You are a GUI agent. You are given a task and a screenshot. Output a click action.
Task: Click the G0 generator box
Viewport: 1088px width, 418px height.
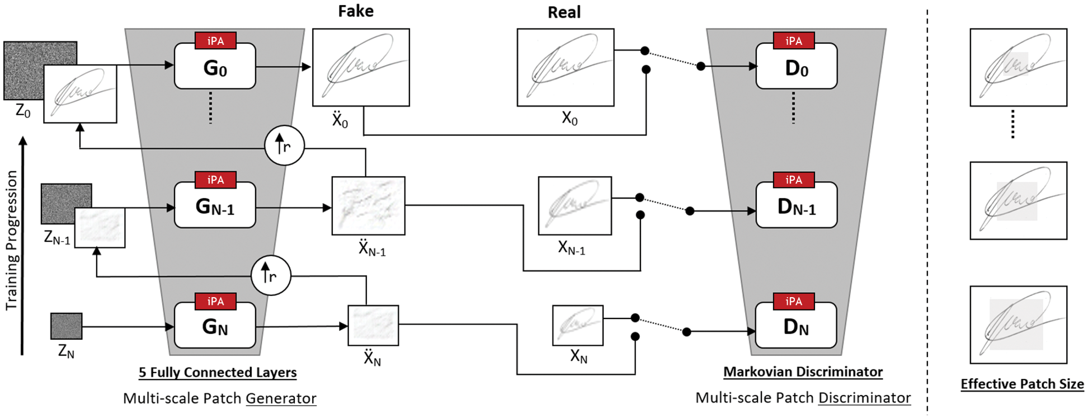click(x=215, y=67)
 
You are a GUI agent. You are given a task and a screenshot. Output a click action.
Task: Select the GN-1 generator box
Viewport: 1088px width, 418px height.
click(x=215, y=206)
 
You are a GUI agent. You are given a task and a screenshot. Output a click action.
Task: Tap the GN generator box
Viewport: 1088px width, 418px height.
click(x=215, y=326)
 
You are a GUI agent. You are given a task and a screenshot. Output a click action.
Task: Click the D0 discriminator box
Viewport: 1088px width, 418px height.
click(x=796, y=68)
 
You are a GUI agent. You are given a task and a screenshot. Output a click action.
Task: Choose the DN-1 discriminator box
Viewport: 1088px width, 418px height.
click(x=796, y=206)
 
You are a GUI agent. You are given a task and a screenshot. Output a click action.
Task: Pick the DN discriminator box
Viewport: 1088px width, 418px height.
click(x=796, y=326)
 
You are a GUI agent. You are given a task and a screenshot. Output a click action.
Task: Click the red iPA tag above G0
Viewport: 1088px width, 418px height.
click(x=215, y=41)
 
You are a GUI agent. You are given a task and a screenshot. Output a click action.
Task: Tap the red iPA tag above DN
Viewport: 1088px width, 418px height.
click(x=793, y=302)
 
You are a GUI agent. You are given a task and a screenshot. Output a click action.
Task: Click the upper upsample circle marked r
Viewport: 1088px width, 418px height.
click(x=284, y=145)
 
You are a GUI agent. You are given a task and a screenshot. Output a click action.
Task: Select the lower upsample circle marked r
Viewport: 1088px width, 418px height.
click(x=271, y=275)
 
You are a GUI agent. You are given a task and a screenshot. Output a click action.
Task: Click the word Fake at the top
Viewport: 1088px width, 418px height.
click(x=356, y=11)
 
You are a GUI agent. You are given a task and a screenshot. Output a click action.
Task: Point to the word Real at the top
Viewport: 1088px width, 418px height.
click(x=564, y=12)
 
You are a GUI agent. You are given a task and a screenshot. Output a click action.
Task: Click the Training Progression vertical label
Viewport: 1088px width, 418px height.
click(x=11, y=241)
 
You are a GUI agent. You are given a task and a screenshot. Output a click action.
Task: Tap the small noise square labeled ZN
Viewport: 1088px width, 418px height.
click(x=66, y=326)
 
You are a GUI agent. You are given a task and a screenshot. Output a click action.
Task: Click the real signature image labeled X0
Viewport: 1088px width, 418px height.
click(x=565, y=68)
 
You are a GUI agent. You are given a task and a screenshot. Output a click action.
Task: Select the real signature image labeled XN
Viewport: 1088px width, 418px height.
click(x=577, y=325)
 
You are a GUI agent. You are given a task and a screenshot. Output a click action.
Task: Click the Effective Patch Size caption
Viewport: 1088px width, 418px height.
click(x=1021, y=384)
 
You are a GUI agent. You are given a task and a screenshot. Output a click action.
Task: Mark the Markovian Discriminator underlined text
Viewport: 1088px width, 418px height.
click(x=803, y=372)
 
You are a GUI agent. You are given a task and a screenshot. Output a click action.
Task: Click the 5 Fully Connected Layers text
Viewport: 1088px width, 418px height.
click(x=218, y=372)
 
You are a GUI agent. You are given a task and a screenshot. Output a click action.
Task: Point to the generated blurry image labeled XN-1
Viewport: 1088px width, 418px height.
click(x=368, y=206)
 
